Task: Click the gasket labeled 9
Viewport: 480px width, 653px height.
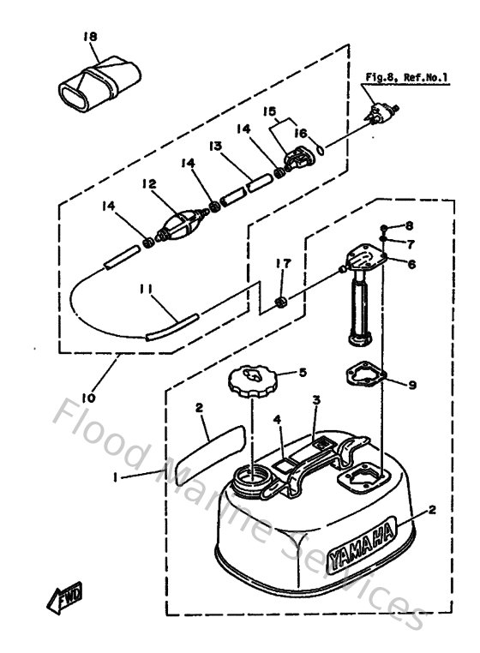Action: tap(363, 376)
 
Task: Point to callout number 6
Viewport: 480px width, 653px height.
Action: tap(411, 265)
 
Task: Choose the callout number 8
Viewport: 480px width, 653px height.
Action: tap(409, 226)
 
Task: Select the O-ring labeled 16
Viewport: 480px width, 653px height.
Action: tap(319, 149)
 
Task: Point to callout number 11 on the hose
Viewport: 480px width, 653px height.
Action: tap(147, 291)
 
